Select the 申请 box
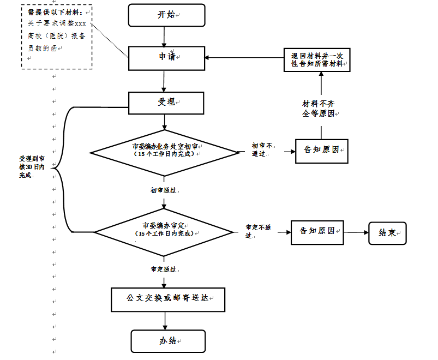[166, 57]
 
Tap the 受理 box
[166, 102]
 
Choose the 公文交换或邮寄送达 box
[168, 299]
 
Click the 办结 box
[168, 341]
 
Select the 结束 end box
[387, 232]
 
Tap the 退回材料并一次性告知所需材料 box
[317, 60]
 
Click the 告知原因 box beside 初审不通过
[321, 149]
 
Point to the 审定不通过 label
[258, 231]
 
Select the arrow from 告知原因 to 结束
[356, 232]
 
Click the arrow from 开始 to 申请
[164, 36]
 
